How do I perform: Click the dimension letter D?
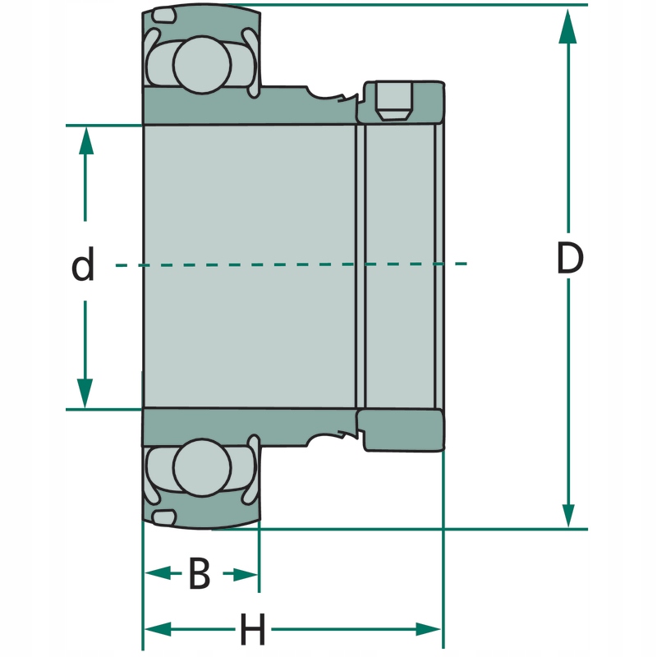pyautogui.click(x=569, y=260)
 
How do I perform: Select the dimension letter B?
pyautogui.click(x=200, y=574)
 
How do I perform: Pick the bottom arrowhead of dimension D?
pyautogui.click(x=567, y=512)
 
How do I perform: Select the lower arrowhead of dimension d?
pyautogui.click(x=85, y=391)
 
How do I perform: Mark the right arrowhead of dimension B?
pyautogui.click(x=245, y=574)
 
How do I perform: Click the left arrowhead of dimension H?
pyautogui.click(x=159, y=630)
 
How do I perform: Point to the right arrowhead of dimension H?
pyautogui.click(x=428, y=630)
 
